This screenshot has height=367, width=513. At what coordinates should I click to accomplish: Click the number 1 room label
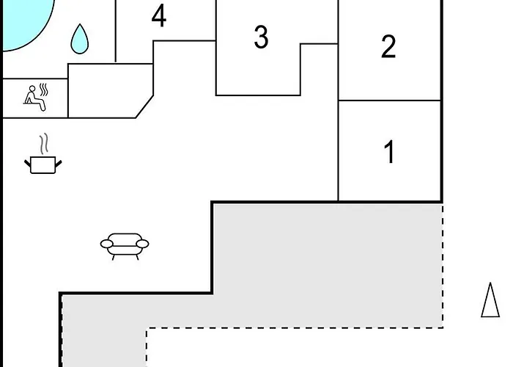click(x=389, y=151)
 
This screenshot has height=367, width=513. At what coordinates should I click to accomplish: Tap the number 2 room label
click(x=388, y=46)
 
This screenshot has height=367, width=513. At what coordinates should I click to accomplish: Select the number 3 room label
click(x=261, y=37)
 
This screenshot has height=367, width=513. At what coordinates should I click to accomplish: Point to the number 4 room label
click(x=159, y=15)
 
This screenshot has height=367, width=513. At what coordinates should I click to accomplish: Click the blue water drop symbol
click(x=79, y=39)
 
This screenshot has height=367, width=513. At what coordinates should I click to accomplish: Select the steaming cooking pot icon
click(x=43, y=153)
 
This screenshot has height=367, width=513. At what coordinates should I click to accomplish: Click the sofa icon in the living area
click(x=125, y=247)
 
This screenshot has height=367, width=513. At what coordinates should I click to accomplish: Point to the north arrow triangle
click(x=490, y=300)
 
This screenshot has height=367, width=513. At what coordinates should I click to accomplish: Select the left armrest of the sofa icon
click(x=107, y=244)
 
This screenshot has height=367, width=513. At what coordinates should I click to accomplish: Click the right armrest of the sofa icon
click(x=142, y=244)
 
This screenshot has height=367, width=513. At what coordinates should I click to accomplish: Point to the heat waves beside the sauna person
click(x=44, y=90)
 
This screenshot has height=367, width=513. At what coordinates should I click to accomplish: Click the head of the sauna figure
click(x=32, y=89)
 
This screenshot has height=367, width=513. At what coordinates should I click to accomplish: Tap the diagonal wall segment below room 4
click(x=144, y=106)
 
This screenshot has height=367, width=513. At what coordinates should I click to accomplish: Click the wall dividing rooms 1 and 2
click(x=389, y=101)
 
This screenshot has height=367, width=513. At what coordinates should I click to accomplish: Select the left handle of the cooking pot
click(x=28, y=163)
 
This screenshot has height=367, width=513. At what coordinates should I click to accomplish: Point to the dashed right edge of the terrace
click(x=443, y=266)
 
